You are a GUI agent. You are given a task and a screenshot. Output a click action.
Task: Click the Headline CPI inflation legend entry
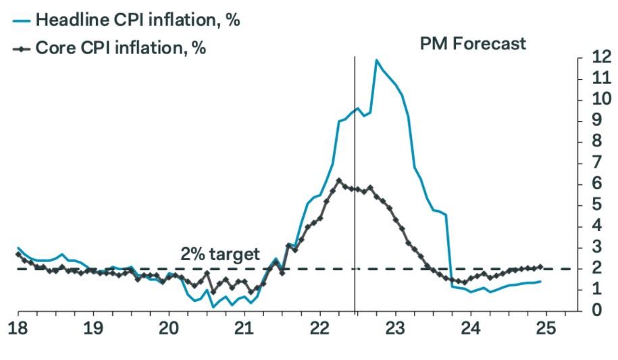coord(126,20)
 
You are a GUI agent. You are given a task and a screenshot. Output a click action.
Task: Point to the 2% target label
coord(220,254)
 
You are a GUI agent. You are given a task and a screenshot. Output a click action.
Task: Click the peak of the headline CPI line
coord(376,60)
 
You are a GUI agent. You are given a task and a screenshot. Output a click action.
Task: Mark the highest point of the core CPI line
coord(338,180)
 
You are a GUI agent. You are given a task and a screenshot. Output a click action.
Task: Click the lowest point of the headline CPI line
coord(213,307)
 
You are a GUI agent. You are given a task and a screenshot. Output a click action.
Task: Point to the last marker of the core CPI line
coord(540,267)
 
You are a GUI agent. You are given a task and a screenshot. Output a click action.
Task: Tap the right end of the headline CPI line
coord(540,282)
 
